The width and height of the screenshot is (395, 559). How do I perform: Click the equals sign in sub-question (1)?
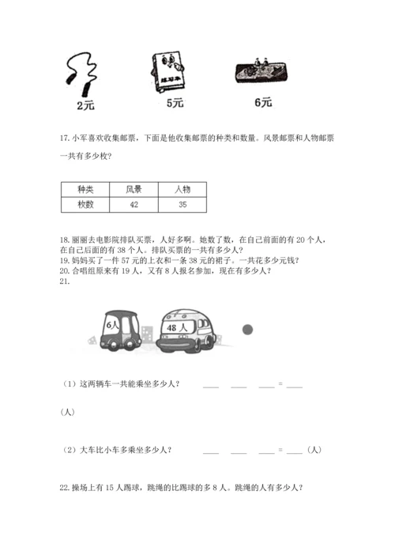280,385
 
